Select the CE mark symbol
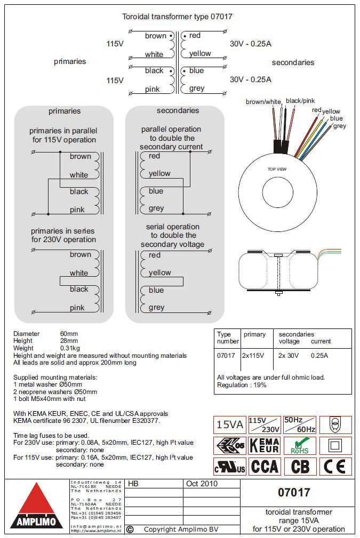[x=335, y=467]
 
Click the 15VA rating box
[x=229, y=425]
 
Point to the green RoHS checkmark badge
[x=300, y=446]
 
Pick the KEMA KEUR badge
[x=265, y=446]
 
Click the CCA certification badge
[x=265, y=467]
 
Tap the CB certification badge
[x=300, y=467]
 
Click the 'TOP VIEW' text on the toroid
[x=277, y=169]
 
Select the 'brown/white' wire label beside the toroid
[x=263, y=101]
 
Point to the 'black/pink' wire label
[x=300, y=100]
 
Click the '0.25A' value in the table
[x=319, y=355]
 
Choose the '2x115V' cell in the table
[x=254, y=355]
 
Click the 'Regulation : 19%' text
[x=242, y=385]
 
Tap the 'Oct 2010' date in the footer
[x=201, y=484]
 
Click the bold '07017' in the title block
[x=294, y=492]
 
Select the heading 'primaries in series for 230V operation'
[x=63, y=235]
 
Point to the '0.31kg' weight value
[x=70, y=348]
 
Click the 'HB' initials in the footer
[x=133, y=484]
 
